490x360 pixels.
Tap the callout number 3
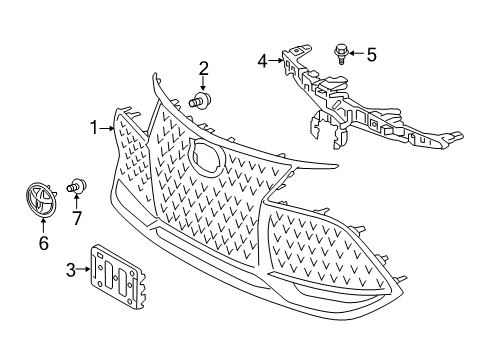[70, 268]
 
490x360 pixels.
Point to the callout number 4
[262, 60]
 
